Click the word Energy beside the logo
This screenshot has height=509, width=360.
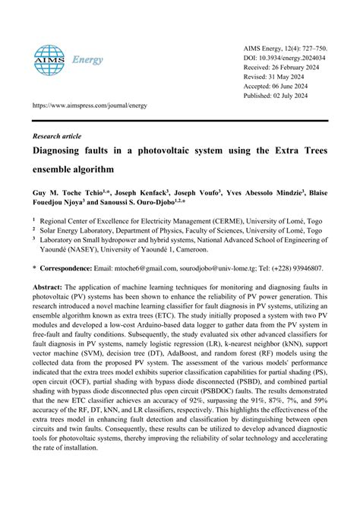click(87, 60)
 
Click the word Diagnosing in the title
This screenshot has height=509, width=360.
click(60, 150)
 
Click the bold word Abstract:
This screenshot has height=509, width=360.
click(47, 288)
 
